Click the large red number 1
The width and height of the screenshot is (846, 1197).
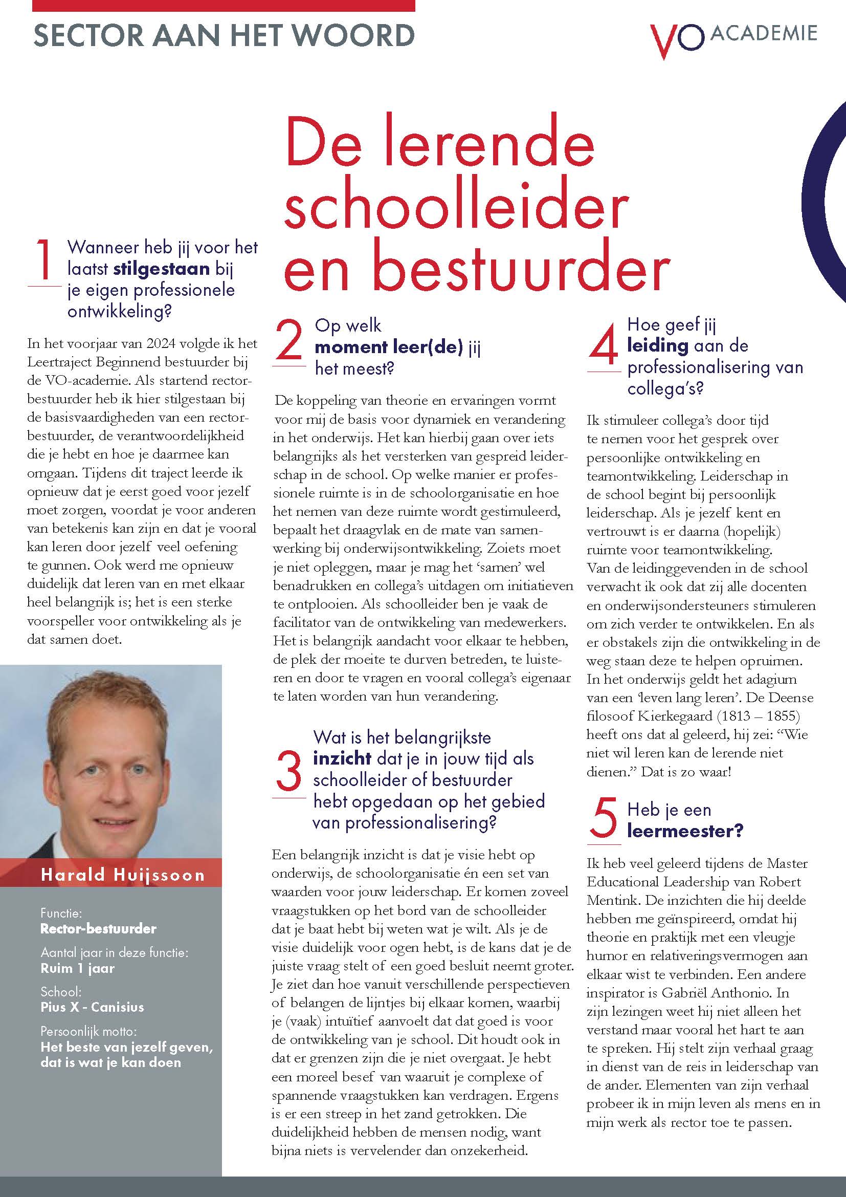point(44,260)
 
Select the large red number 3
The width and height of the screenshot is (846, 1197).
point(288,770)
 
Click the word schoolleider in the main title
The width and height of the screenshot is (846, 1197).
point(456,205)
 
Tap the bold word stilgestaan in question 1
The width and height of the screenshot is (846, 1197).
point(162,269)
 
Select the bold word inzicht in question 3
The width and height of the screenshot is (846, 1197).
point(342,758)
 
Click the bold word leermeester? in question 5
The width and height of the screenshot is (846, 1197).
point(685,831)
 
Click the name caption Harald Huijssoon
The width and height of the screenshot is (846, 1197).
point(123,875)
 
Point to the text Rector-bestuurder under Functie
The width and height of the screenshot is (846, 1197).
point(98,928)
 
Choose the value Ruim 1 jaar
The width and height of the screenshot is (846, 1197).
point(78,968)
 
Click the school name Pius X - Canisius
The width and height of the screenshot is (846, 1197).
point(92,1007)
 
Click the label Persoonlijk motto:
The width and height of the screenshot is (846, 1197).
point(88,1031)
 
